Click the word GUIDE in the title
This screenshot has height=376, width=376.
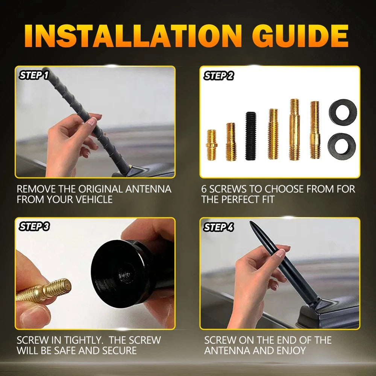coord(300,36)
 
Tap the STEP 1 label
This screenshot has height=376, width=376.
coord(34,75)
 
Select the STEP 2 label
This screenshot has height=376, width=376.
coord(218,76)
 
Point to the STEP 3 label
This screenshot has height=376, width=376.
coord(34,227)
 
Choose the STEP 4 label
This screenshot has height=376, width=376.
coord(218,227)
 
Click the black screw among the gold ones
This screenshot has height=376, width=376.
coord(250,136)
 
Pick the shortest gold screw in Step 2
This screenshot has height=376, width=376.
coord(212,145)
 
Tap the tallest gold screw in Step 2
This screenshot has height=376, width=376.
coord(294,129)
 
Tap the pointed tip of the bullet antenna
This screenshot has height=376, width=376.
coord(250,222)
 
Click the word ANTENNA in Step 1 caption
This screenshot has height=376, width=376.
coord(149,189)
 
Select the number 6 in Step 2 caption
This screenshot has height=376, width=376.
coord(204,189)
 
